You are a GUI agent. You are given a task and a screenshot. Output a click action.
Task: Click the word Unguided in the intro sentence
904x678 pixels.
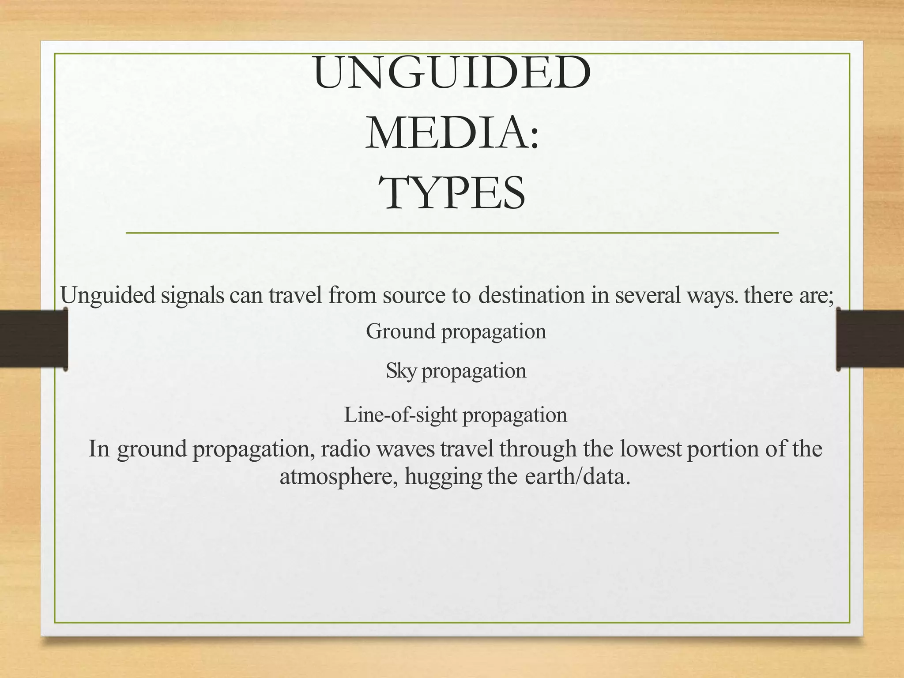coord(108,295)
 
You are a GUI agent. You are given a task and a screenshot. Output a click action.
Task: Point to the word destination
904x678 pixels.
coord(531,295)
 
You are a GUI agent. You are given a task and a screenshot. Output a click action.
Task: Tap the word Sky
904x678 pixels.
coord(400,371)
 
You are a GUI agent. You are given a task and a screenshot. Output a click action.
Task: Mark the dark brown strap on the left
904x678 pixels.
coord(34,339)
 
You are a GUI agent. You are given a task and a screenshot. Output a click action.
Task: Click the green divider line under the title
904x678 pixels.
coord(452,233)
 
